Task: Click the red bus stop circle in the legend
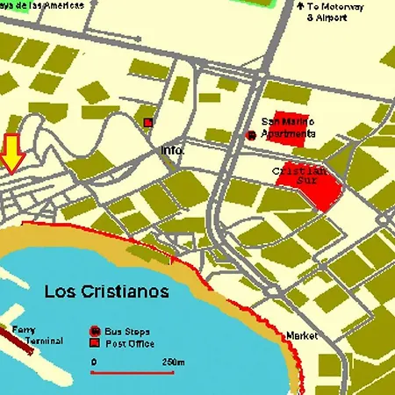point(95,330)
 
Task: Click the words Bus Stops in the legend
point(123,330)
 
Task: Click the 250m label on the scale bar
point(173,362)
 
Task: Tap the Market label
point(300,336)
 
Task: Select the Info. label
point(173,150)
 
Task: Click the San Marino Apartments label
point(289,127)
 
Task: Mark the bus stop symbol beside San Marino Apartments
point(251,135)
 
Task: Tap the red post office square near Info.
point(148,122)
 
